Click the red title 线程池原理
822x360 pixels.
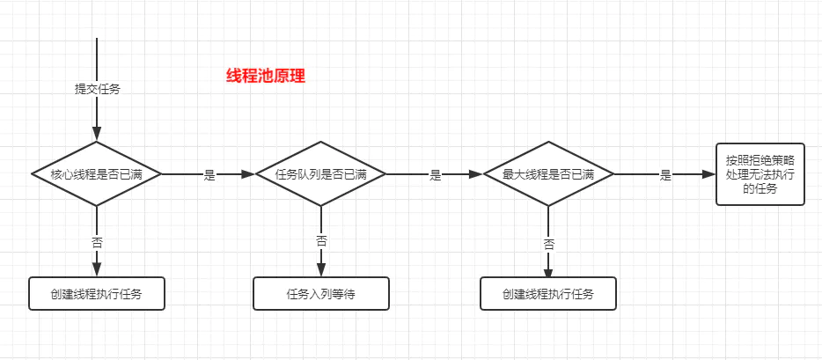(x=266, y=76)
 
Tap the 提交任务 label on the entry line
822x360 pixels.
(x=97, y=89)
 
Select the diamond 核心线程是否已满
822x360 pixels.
(x=97, y=174)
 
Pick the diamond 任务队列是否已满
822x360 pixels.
(x=320, y=174)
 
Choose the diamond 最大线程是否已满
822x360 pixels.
(x=548, y=174)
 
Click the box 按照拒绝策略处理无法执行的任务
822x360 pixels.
(x=760, y=174)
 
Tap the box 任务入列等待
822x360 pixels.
(x=320, y=294)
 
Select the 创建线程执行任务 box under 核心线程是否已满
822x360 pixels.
(x=97, y=294)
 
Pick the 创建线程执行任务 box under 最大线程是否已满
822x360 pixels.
(x=548, y=294)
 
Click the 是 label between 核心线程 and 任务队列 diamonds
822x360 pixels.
(x=209, y=175)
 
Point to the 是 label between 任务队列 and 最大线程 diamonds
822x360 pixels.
(x=435, y=175)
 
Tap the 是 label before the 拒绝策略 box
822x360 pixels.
(x=665, y=175)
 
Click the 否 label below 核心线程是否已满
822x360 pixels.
(x=97, y=240)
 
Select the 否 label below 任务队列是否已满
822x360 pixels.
(x=321, y=240)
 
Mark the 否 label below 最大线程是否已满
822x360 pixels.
(x=548, y=243)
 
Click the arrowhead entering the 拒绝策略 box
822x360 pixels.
(x=709, y=174)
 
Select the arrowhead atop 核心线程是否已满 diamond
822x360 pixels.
(x=97, y=135)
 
